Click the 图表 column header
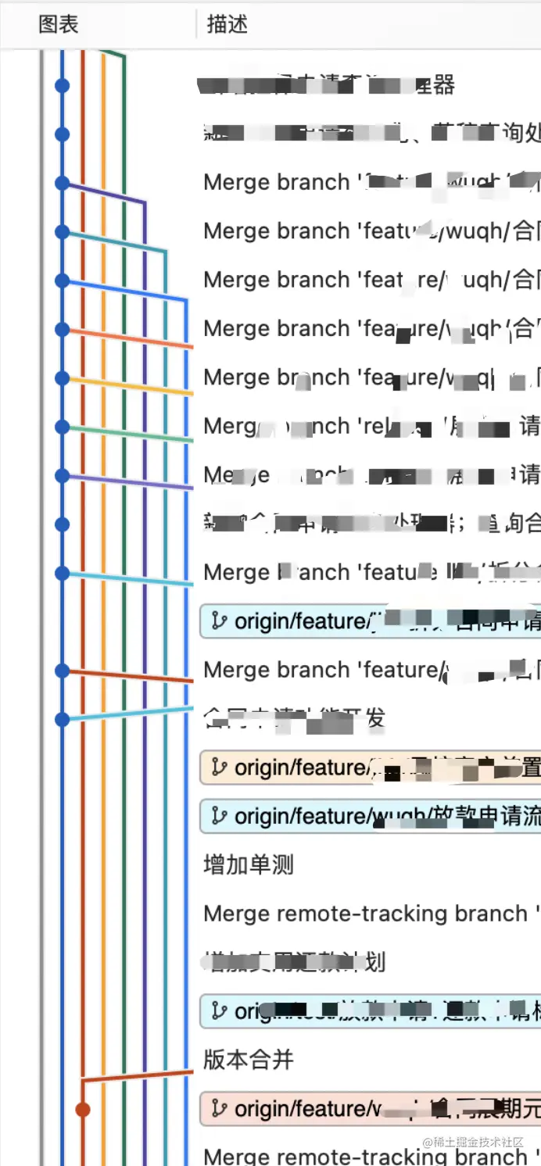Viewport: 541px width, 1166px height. (59, 24)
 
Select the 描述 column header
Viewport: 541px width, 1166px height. (228, 24)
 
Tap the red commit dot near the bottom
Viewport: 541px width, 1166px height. (83, 1109)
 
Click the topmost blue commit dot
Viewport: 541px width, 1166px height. (63, 85)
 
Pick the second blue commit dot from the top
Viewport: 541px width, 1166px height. (63, 134)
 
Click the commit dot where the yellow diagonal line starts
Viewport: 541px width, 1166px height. (63, 378)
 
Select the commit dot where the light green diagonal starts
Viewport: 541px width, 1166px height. (63, 427)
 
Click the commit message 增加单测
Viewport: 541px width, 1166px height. (249, 865)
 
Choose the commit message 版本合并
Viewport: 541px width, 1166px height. (249, 1060)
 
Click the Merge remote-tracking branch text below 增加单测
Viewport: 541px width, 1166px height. (365, 914)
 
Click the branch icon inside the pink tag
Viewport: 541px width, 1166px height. (220, 1108)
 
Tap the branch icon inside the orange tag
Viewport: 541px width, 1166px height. (220, 767)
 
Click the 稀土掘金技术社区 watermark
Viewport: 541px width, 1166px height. (473, 1142)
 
